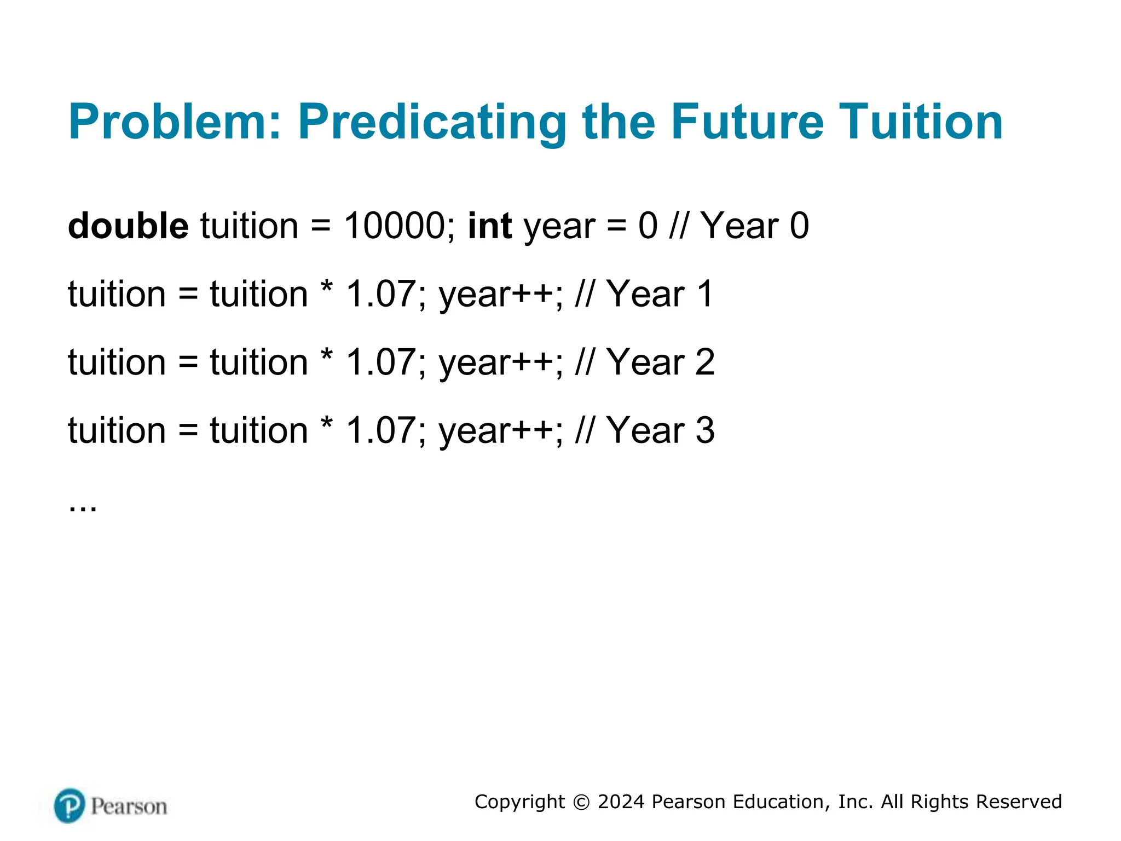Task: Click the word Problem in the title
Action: pyautogui.click(x=175, y=122)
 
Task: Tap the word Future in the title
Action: pyautogui.click(x=747, y=122)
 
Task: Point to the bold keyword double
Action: pyautogui.click(x=128, y=226)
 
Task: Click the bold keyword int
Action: pyautogui.click(x=490, y=226)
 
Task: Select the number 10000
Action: pyautogui.click(x=395, y=226)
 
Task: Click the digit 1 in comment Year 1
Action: pyautogui.click(x=706, y=294)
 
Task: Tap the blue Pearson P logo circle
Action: pyautogui.click(x=70, y=805)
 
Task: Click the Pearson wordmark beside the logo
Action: pyautogui.click(x=129, y=807)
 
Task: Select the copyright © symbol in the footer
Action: pyautogui.click(x=581, y=802)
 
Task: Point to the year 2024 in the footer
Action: pyautogui.click(x=621, y=802)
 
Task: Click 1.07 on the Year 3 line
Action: pyautogui.click(x=381, y=430)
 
